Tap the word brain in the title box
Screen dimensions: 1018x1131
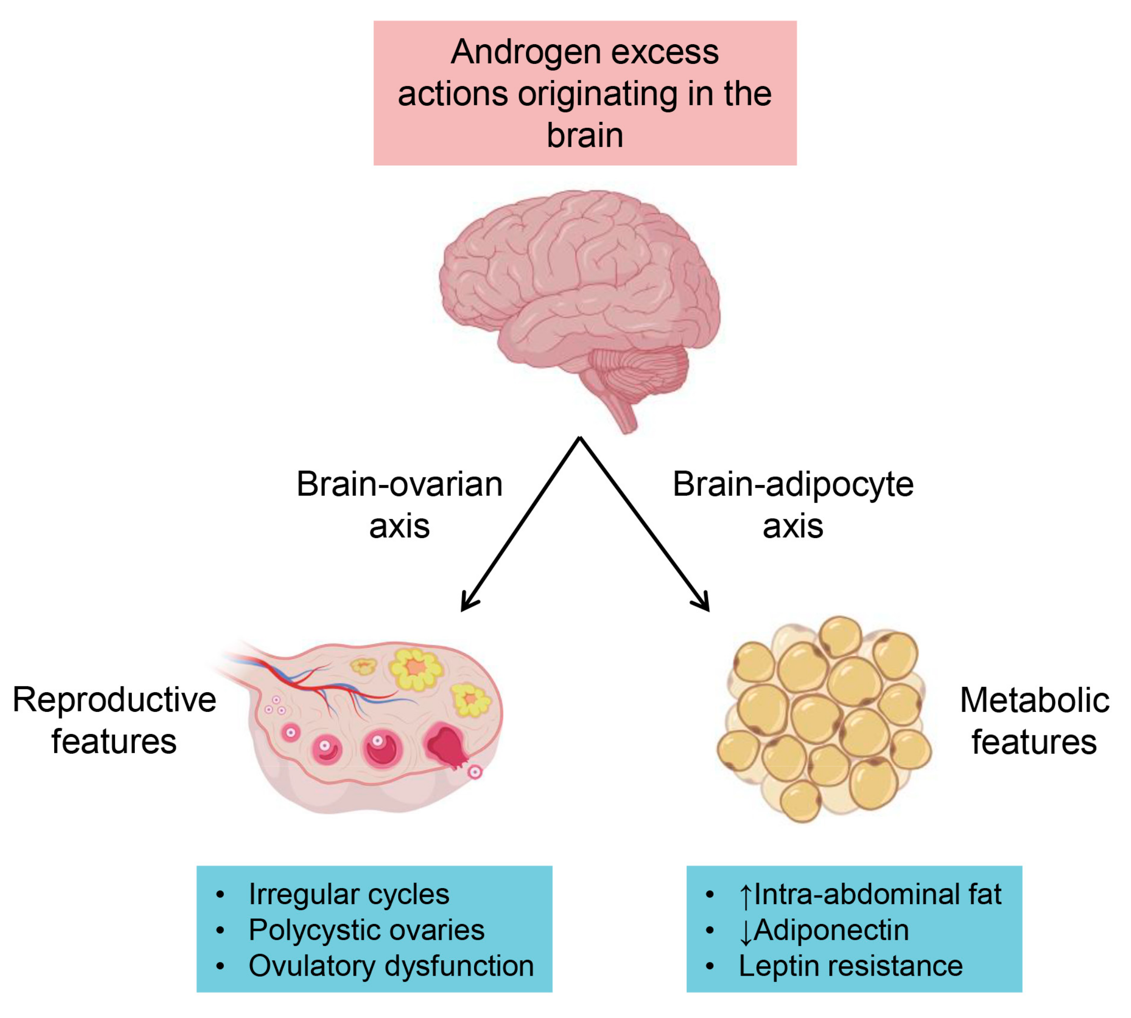[585, 136]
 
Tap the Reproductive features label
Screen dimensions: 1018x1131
[114, 721]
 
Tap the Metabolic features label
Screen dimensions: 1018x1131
[1034, 721]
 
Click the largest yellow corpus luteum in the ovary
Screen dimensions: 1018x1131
[415, 668]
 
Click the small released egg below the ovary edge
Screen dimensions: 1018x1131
[475, 772]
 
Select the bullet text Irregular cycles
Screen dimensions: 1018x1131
[348, 894]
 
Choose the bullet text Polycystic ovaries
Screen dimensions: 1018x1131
[366, 929]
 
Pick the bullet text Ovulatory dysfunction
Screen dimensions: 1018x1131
[391, 966]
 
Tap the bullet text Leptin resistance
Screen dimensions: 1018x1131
[850, 966]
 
